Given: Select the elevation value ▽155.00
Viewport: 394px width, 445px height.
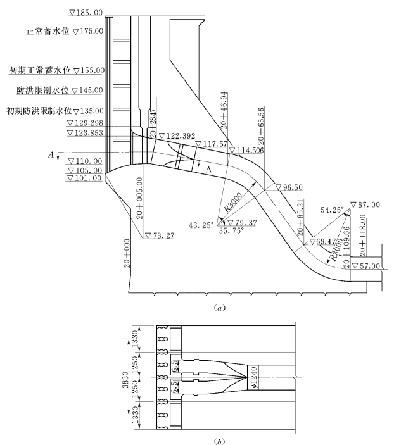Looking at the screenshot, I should coord(88,71).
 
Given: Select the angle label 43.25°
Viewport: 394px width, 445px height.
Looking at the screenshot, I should coord(201,225).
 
